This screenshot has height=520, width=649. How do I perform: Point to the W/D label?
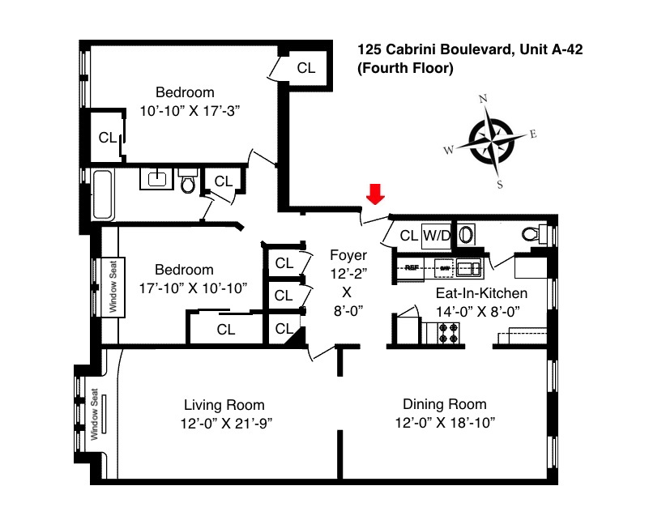[437, 236]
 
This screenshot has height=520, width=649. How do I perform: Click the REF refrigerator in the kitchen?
[411, 266]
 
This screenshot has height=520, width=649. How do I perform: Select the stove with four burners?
[448, 332]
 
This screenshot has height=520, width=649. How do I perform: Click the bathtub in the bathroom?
[103, 194]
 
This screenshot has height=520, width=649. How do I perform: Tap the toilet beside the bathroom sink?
[188, 183]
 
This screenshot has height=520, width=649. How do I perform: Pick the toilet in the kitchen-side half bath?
[532, 234]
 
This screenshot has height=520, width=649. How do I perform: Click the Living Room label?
[224, 405]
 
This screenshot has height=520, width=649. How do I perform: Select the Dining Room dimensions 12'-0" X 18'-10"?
[445, 423]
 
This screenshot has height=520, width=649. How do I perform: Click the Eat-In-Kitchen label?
[481, 293]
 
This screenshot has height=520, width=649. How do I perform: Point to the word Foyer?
[348, 256]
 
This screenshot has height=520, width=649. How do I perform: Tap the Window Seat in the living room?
[96, 414]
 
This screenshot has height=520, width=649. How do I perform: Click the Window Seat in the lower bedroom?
[113, 286]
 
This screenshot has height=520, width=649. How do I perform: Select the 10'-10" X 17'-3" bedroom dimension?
[185, 109]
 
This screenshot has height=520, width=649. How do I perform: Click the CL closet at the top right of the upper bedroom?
[305, 68]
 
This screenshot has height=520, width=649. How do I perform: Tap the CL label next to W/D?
[408, 236]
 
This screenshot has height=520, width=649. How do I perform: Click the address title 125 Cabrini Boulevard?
[471, 50]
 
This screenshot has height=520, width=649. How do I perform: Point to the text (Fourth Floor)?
[405, 69]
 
